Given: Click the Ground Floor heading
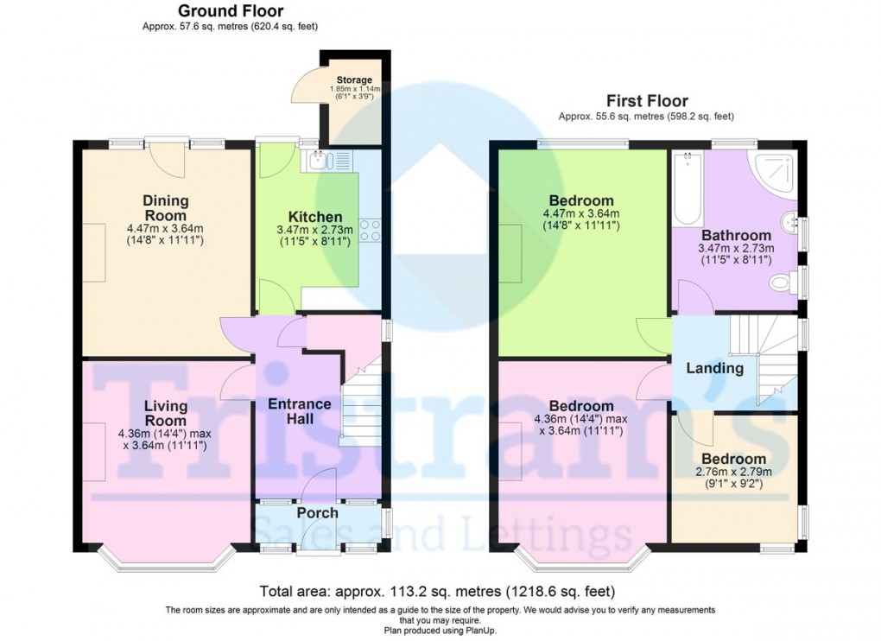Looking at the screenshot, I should [x=230, y=11].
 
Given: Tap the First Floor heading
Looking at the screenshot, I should [x=646, y=100].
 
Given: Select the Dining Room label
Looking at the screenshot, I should [x=165, y=207].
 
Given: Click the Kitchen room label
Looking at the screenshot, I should [x=315, y=217].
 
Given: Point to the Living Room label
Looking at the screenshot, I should [x=165, y=413].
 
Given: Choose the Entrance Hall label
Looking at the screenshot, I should [x=299, y=411].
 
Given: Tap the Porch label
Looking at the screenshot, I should [x=317, y=513].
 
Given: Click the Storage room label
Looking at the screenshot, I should [x=354, y=80].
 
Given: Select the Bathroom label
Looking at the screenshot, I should [x=736, y=235].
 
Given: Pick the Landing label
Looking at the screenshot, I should [x=714, y=368].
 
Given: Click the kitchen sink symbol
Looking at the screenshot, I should [x=319, y=159].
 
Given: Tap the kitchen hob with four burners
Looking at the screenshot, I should [x=371, y=230].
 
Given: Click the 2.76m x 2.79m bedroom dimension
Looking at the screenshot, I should [x=733, y=473].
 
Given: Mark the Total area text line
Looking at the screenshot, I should [x=437, y=592].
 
